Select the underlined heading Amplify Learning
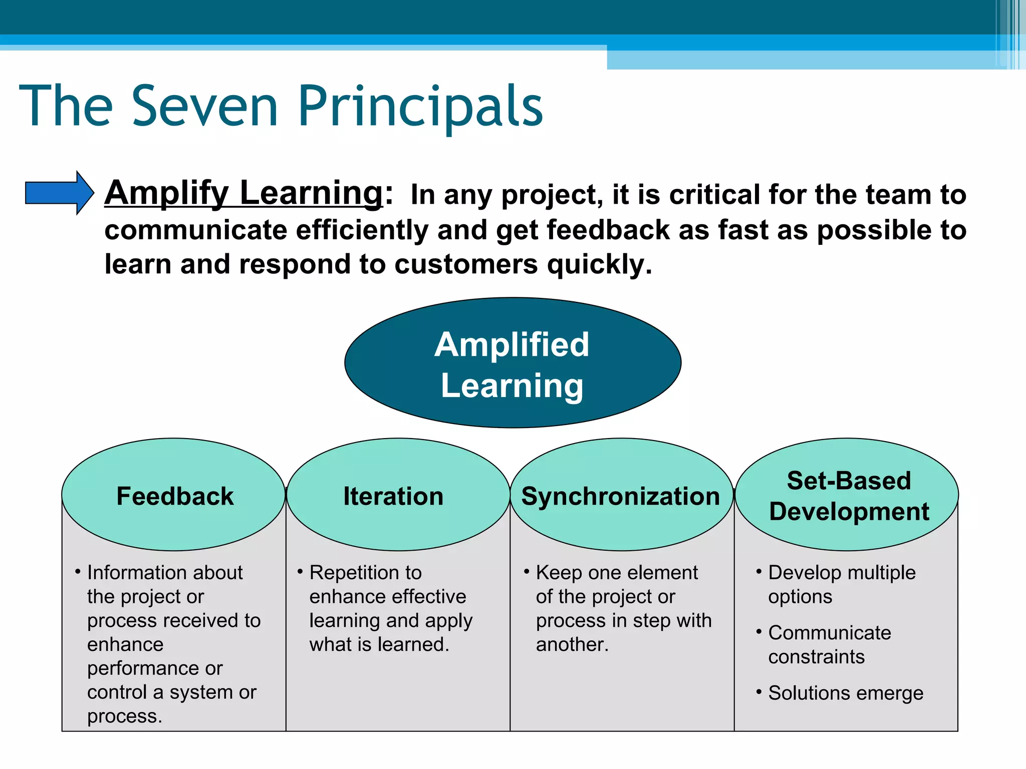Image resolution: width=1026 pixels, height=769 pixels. pos(244,193)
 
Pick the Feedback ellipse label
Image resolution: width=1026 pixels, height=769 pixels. pos(175,496)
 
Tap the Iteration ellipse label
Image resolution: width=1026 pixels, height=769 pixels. pos(393,496)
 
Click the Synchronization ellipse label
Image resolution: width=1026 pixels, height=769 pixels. pos(620,496)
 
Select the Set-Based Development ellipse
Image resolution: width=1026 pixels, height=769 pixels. pos(848,496)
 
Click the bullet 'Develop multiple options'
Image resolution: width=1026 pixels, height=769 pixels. pos(842,584)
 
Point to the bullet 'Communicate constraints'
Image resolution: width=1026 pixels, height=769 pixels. pos(829,644)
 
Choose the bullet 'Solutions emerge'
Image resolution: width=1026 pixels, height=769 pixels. pos(845,693)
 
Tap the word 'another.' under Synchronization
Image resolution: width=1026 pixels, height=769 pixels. pos(572,644)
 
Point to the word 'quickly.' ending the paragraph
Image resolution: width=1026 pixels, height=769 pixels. pos(600,265)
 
